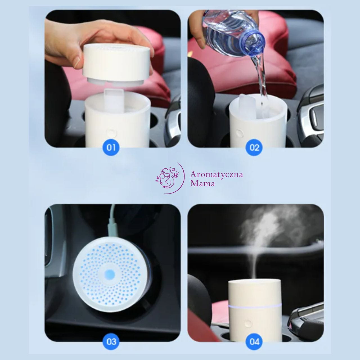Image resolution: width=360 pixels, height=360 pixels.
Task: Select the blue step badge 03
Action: tap(111, 342)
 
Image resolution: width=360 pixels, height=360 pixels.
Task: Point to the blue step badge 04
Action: tap(254, 342)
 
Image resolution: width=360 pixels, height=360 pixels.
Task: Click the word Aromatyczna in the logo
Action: tap(216, 175)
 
